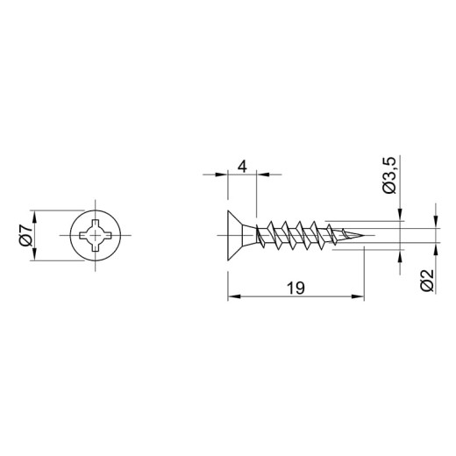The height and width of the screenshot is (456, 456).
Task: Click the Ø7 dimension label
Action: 25,235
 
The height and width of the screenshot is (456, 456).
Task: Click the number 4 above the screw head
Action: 242,167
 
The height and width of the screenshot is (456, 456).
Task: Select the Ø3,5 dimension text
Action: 389,175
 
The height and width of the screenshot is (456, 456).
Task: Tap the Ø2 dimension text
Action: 426,280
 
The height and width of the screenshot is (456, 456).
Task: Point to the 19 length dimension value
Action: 296,288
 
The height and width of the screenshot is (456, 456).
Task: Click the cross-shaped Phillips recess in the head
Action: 96,235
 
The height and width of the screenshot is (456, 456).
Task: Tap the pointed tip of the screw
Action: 363,235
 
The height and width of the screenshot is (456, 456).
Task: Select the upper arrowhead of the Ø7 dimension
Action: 35,217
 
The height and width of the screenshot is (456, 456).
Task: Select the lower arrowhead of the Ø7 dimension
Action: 35,253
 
